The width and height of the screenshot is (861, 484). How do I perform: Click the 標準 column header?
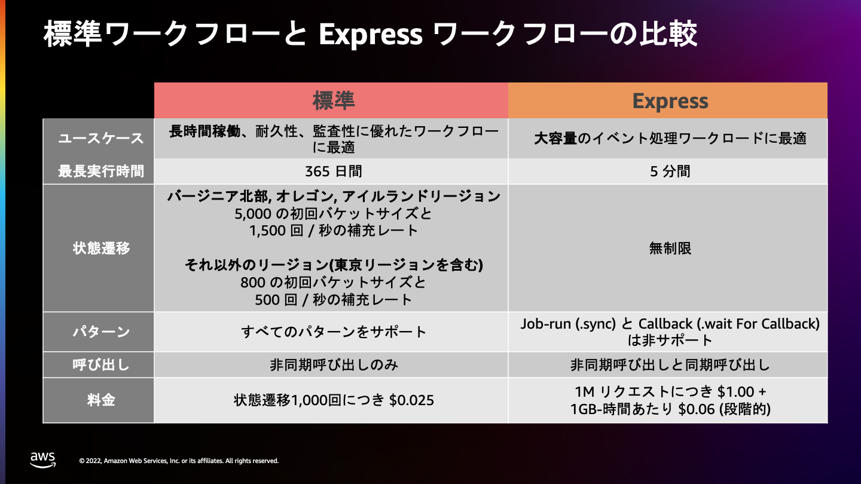[x=334, y=100]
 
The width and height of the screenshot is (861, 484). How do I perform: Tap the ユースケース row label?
[x=100, y=138]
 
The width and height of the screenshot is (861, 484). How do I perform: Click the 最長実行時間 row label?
[x=100, y=171]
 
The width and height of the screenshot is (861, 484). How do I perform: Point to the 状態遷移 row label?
[x=101, y=248]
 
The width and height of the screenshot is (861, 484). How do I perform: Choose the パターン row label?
[x=101, y=332]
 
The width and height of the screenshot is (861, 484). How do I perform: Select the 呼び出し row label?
[x=101, y=364]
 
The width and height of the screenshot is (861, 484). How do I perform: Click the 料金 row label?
[x=101, y=400]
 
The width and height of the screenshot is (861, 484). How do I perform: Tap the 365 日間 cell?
[x=334, y=171]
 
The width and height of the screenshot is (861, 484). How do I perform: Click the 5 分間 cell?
[x=670, y=171]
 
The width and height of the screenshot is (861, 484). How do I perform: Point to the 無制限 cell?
[x=670, y=248]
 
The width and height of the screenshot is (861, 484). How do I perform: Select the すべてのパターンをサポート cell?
[x=334, y=332]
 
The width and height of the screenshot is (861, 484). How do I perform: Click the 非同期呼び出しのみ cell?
[x=334, y=364]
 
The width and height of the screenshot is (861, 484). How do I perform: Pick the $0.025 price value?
[x=411, y=400]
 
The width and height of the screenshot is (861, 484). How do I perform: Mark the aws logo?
[x=42, y=460]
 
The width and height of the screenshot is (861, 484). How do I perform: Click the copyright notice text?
[x=179, y=461]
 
